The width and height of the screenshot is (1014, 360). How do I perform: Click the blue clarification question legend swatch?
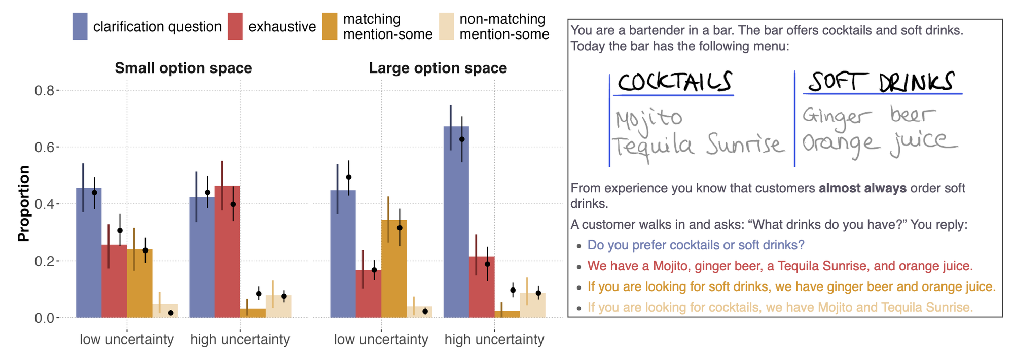tap(80, 26)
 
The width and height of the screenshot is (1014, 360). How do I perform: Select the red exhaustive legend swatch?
tap(235, 26)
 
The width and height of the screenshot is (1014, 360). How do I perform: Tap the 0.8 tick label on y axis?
tap(44, 91)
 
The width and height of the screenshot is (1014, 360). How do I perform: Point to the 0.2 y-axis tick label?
tap(44, 261)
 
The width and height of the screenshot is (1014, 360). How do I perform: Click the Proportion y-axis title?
tap(23, 204)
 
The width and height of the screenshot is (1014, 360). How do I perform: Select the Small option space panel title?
tap(183, 68)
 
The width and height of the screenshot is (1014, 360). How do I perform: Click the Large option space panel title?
tap(438, 68)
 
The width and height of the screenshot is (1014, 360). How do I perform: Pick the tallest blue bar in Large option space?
tap(456, 223)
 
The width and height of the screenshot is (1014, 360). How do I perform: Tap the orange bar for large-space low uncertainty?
tap(394, 269)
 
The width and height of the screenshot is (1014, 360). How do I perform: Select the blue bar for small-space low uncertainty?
tap(89, 254)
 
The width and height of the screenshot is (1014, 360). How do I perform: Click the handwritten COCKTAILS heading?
tap(674, 82)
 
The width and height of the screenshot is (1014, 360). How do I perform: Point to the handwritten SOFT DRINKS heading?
tap(881, 82)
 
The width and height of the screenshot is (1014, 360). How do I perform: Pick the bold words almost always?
tap(862, 188)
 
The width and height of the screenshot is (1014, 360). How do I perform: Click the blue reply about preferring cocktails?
tap(696, 245)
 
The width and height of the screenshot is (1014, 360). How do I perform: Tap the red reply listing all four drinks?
tap(780, 266)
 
